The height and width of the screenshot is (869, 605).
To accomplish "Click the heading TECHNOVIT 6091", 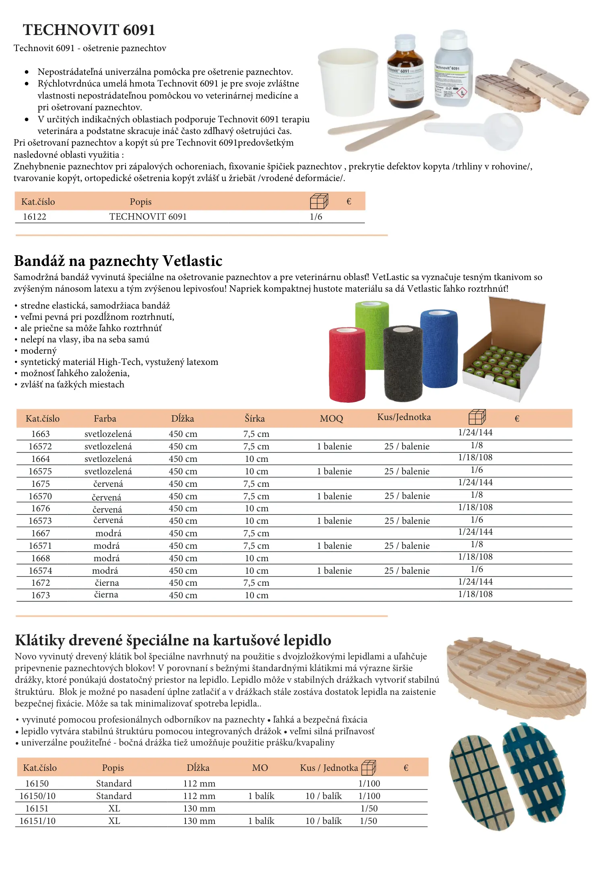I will tap(89, 30).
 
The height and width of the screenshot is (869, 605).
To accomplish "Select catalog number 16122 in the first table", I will tap(35, 217).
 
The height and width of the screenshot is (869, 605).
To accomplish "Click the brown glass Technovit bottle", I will tap(405, 73).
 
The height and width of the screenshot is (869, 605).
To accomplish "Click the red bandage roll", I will tap(347, 364).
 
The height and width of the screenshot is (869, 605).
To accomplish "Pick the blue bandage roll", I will tap(439, 348).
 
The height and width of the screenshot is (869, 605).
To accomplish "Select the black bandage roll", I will tap(403, 363).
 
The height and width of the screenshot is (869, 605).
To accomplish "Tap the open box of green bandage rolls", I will tap(503, 354).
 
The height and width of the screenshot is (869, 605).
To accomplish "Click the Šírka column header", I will tap(255, 419).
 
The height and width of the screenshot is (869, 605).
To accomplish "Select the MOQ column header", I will tap(331, 419).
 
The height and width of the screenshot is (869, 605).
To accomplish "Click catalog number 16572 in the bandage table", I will tap(40, 447).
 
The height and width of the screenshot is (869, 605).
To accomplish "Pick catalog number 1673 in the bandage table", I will tap(41, 595).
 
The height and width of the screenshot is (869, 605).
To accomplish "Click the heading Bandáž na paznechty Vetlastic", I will tap(118, 261).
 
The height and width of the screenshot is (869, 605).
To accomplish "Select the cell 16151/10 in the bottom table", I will tap(37, 821).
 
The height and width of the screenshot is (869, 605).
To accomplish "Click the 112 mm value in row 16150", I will tap(199, 784).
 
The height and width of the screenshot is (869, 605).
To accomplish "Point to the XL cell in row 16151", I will tap(114, 809).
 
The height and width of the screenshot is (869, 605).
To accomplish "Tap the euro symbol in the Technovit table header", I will tap(349, 202).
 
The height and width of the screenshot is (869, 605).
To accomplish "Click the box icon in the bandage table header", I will tap(477, 417).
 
